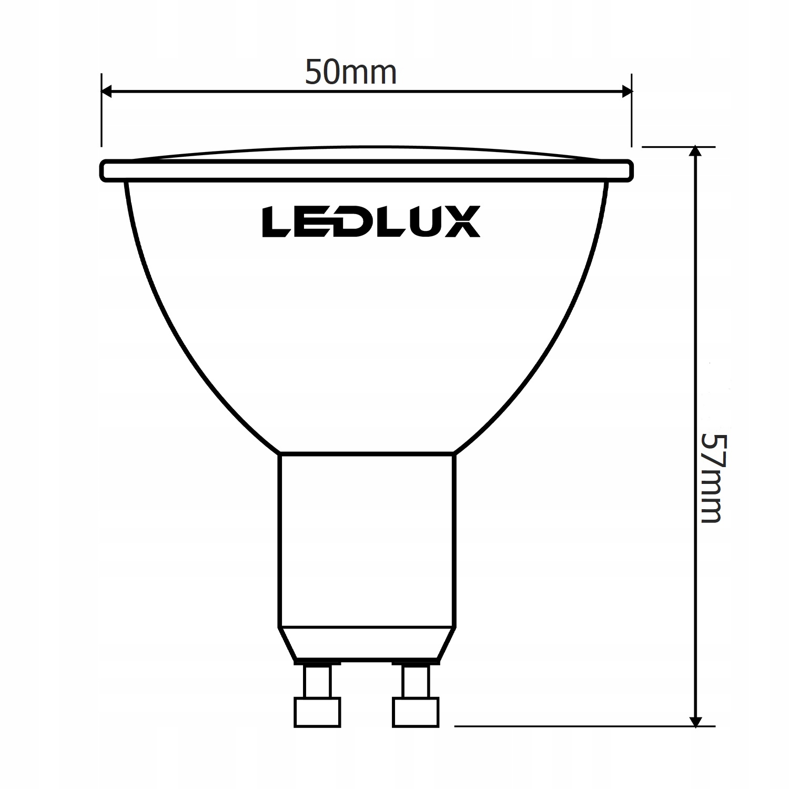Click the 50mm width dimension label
point(351,73)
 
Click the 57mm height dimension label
point(712,478)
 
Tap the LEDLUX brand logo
point(371,221)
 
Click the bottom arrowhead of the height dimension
point(696,721)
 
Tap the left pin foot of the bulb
point(317,713)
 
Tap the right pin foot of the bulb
point(416,713)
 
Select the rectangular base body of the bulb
point(367,539)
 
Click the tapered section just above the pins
point(367,642)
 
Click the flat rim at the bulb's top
point(367,171)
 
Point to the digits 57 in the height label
point(712,450)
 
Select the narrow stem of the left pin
point(317,681)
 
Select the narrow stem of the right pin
point(416,681)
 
